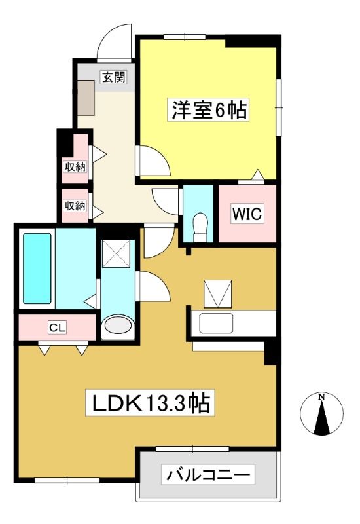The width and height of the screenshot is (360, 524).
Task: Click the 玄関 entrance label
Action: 114,77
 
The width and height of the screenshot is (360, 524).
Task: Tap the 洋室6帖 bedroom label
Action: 209,109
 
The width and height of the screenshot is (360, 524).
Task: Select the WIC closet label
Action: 247,214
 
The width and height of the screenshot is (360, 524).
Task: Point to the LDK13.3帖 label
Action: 150,403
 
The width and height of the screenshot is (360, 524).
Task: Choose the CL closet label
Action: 57,327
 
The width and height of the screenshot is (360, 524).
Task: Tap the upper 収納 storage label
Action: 75,166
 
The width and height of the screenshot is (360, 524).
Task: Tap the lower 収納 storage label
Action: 75,205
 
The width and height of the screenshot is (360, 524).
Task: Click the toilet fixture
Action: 200,227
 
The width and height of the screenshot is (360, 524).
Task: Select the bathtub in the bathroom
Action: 37,269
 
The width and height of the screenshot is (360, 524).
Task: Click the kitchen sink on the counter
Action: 216,323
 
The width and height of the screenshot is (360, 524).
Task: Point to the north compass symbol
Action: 321,415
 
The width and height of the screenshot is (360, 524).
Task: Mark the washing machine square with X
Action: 116,253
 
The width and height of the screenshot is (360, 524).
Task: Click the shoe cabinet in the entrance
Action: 86,98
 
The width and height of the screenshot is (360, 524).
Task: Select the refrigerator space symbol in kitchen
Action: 217,293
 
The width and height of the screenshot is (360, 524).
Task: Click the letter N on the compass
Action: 321,397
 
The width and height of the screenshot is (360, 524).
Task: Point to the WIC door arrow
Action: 257,175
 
